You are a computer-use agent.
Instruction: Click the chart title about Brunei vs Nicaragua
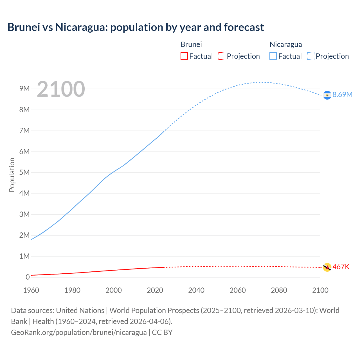(136, 27)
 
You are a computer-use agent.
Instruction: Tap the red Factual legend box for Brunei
(184, 56)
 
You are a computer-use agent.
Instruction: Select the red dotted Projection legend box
(222, 56)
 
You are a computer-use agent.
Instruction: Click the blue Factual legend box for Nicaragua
(273, 56)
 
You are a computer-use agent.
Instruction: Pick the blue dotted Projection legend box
(310, 56)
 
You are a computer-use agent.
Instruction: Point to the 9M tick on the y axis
(24, 89)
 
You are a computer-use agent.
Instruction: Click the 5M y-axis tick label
(24, 172)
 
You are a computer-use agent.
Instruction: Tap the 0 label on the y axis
(28, 277)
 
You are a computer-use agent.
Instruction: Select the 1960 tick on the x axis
(31, 290)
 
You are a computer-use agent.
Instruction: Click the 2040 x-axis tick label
(196, 290)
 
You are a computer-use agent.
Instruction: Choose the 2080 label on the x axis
(279, 290)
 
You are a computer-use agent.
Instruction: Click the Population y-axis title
(12, 175)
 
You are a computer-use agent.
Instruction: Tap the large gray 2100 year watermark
(61, 89)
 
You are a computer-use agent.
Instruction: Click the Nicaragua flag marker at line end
(327, 95)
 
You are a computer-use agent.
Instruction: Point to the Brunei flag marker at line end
(327, 267)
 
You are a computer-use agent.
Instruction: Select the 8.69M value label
(342, 94)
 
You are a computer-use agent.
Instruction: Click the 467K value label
(341, 267)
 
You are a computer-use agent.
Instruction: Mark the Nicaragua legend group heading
(286, 44)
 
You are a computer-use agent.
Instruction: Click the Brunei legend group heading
(191, 44)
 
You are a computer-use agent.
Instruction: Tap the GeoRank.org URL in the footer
(79, 332)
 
